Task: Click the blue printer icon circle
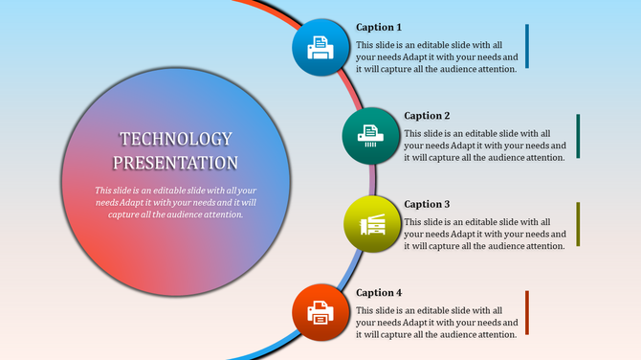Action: (320, 45)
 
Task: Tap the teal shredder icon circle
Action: (368, 135)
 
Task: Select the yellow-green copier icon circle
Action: (368, 224)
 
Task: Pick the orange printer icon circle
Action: (320, 311)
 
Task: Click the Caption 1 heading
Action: (379, 27)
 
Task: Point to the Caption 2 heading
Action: (427, 116)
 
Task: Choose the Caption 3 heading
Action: (427, 204)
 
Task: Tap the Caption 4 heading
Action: (379, 292)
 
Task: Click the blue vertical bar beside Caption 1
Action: (527, 47)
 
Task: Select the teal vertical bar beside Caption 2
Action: (578, 136)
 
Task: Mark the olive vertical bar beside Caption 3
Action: (578, 224)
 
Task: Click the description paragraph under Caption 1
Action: (436, 56)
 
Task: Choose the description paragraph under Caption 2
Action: (484, 146)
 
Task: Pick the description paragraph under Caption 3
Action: (484, 234)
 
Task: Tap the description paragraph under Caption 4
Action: (436, 323)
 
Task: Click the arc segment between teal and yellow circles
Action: (373, 180)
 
